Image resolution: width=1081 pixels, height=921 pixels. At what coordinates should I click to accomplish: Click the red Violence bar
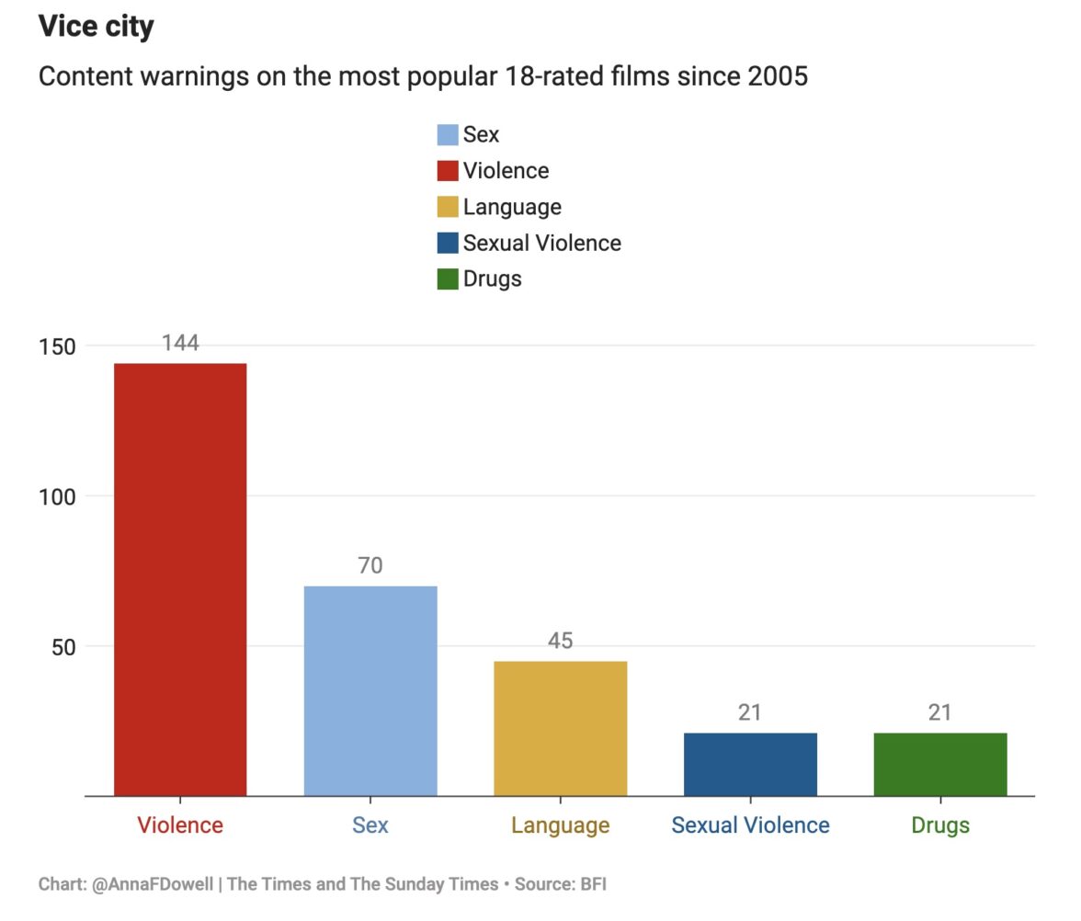tap(180, 579)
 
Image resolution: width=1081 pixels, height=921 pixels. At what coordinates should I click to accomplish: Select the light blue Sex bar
tap(370, 690)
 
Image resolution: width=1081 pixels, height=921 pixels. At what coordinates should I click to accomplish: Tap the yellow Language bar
tap(561, 728)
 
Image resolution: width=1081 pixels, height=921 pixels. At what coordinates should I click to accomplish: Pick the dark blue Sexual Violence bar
tap(750, 764)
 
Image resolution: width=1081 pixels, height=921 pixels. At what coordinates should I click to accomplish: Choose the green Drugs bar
tap(940, 764)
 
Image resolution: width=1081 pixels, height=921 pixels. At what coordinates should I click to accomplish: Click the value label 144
tap(180, 343)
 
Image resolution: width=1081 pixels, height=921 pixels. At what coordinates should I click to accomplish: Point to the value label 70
tap(370, 565)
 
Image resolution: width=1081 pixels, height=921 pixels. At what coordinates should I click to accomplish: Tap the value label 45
tap(561, 641)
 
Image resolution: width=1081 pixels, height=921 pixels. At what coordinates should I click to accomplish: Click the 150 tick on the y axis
tap(57, 346)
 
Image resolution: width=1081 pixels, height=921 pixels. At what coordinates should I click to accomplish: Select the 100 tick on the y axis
tap(57, 496)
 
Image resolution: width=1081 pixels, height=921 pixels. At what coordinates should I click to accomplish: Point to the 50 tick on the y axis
tap(63, 646)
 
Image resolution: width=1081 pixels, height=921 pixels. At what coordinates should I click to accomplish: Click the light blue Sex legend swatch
tap(448, 135)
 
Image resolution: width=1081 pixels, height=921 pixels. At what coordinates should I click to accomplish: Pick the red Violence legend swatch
tap(448, 171)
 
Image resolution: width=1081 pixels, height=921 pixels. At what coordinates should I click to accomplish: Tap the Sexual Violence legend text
tap(542, 243)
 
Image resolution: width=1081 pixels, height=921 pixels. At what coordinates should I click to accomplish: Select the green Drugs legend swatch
tap(448, 279)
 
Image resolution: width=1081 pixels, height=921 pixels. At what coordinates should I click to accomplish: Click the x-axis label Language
tap(561, 825)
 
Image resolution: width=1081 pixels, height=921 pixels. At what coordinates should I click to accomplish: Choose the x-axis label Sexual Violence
tap(750, 825)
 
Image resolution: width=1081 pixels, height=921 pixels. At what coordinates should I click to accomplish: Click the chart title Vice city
tap(97, 26)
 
